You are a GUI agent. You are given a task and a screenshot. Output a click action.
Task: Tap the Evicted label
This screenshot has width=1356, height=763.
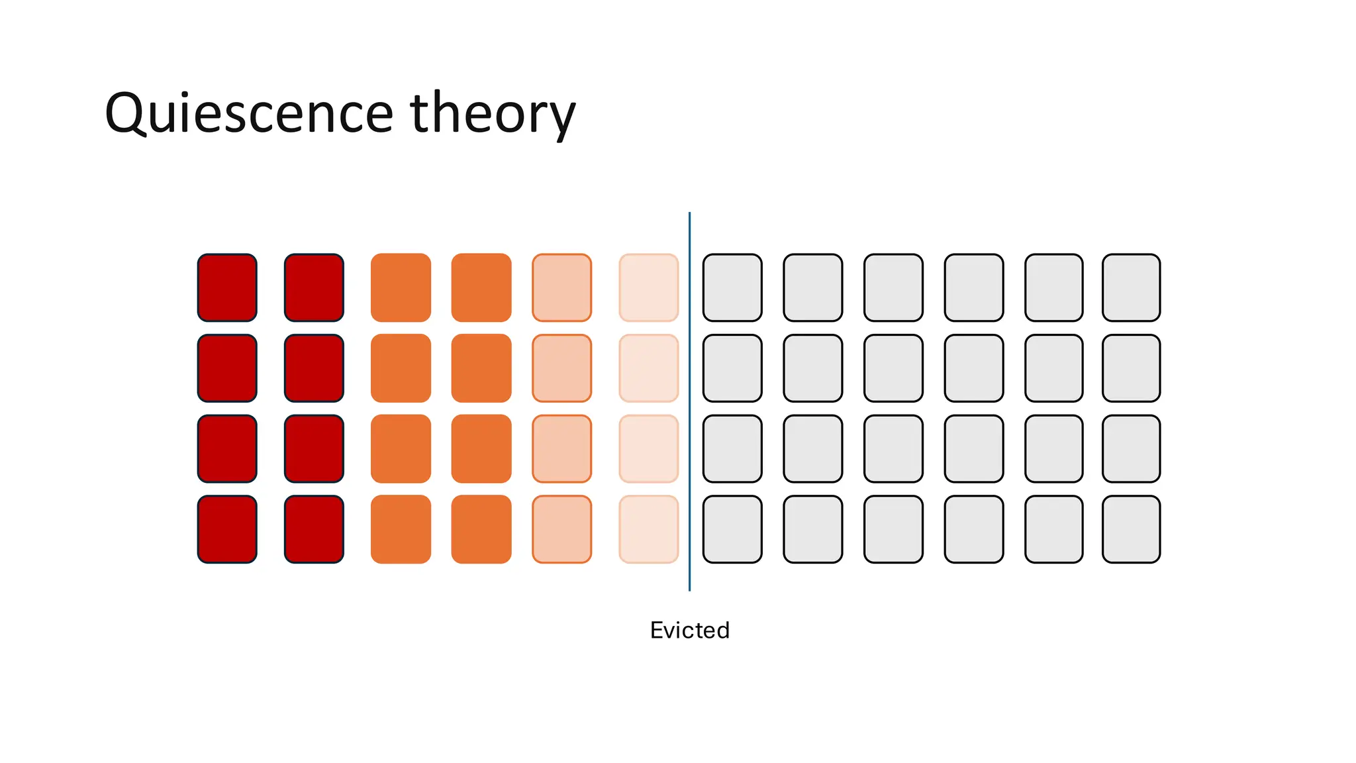click(689, 630)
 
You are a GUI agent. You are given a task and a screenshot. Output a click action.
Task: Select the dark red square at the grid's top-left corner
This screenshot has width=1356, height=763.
click(227, 287)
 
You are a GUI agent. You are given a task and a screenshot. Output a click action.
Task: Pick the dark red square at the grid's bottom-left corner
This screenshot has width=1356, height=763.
click(227, 529)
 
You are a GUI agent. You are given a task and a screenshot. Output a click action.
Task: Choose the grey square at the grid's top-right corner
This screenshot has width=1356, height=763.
click(1131, 287)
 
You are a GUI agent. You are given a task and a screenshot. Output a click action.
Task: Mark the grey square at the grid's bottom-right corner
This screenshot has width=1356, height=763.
click(1131, 529)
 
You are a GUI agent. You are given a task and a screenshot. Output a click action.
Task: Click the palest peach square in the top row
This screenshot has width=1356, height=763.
click(648, 287)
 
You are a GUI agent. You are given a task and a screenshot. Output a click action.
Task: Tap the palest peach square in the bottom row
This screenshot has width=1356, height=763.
click(648, 529)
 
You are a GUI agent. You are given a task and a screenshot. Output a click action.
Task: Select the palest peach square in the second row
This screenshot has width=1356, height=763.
click(648, 368)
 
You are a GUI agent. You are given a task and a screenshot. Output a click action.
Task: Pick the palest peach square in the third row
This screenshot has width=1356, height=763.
click(648, 448)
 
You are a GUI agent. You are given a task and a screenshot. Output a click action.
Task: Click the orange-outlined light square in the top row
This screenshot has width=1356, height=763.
click(561, 287)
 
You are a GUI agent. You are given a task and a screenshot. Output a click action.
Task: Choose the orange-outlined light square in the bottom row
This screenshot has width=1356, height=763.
click(561, 529)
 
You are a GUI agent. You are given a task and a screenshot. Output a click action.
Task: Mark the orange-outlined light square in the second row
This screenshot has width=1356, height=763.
click(561, 368)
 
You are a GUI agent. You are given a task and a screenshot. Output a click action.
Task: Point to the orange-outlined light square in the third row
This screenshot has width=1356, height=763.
click(561, 448)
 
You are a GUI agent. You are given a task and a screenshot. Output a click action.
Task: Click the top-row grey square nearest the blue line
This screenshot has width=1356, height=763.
click(732, 287)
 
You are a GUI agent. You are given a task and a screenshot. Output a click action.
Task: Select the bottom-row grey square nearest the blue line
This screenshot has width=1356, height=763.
click(732, 529)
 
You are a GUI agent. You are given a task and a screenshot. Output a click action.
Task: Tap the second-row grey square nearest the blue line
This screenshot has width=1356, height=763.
click(732, 368)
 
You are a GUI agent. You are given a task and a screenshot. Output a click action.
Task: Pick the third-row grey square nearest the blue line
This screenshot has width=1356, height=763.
click(732, 448)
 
